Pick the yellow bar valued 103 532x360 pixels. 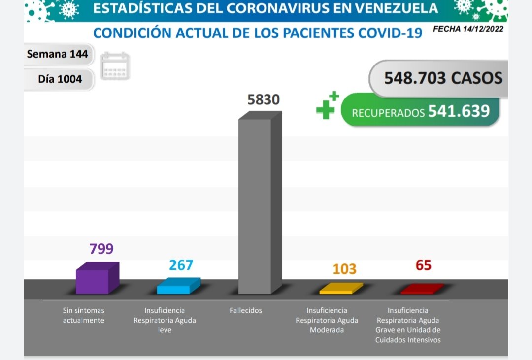click(x=340, y=289)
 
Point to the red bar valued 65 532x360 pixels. click(x=422, y=289)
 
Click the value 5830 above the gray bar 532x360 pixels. click(x=263, y=99)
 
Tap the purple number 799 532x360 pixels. click(x=101, y=249)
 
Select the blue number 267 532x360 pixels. click(x=181, y=265)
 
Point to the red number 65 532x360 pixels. click(x=423, y=265)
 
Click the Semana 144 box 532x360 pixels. click(x=57, y=54)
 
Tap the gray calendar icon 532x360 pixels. click(x=115, y=66)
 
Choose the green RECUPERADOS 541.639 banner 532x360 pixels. click(x=420, y=111)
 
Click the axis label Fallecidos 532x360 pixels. click(x=246, y=311)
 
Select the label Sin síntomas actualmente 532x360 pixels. click(x=83, y=315)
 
